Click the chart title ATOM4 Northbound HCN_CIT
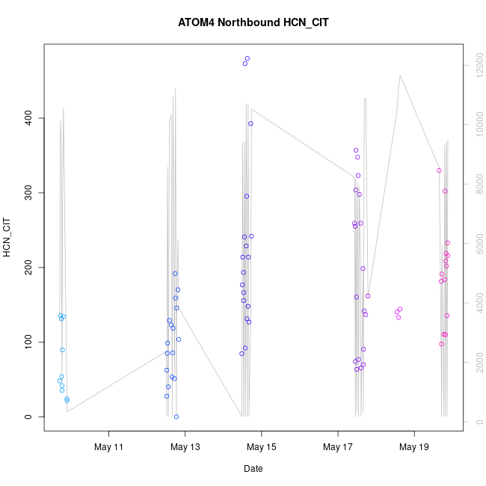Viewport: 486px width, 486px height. tap(253, 22)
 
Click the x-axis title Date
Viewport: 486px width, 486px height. tap(253, 469)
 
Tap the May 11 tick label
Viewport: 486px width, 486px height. tap(108, 447)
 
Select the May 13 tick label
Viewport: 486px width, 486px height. tap(185, 447)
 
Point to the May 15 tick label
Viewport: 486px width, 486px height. tap(261, 447)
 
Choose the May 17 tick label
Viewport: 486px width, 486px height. tap(338, 447)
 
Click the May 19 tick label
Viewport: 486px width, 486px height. tap(414, 447)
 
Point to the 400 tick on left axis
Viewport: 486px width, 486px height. tap(28, 118)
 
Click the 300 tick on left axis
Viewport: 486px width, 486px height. tap(28, 193)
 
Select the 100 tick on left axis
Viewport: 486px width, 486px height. tap(28, 342)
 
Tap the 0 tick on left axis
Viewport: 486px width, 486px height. tap(28, 417)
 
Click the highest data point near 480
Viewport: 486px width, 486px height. tap(247, 58)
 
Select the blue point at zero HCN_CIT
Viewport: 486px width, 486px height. tap(176, 416)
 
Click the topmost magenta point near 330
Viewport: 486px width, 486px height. tap(439, 170)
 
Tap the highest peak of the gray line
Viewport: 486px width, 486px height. tap(400, 76)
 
